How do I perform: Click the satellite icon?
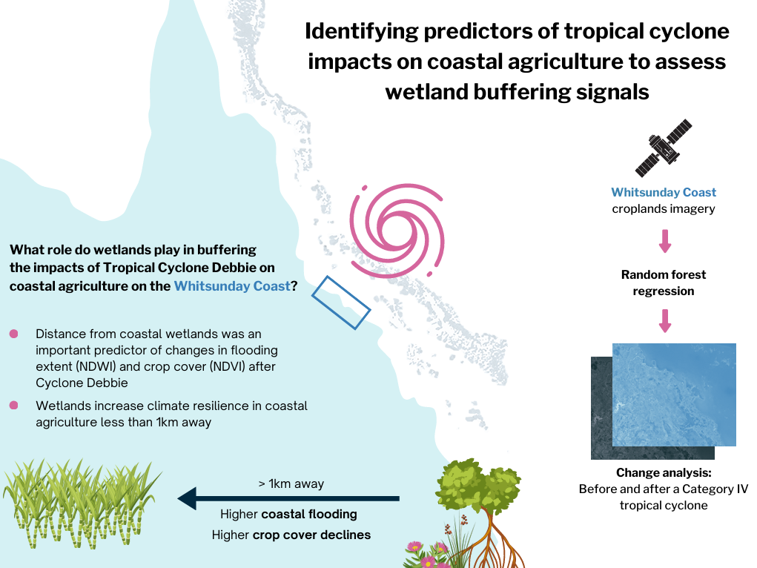pos(664,148)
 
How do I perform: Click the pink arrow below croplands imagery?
pos(665,241)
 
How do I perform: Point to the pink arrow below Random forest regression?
pos(665,321)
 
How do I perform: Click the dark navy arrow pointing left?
pos(288,498)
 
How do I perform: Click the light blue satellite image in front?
pos(674,394)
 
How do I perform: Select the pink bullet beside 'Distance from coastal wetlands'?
pos(13,334)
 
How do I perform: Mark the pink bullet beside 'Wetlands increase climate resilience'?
pos(13,405)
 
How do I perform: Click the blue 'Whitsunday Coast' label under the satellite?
pos(664,192)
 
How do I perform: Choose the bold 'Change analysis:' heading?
pos(664,472)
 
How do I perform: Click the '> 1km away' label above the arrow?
pos(291,483)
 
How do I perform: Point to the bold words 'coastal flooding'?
pos(309,514)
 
